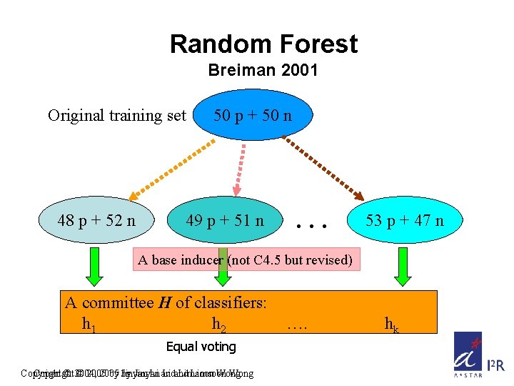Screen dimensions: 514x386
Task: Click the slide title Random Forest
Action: (263, 44)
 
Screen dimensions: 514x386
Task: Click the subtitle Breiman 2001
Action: (263, 71)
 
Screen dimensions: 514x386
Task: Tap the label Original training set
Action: (116, 115)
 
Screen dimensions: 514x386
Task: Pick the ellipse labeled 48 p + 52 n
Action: (96, 220)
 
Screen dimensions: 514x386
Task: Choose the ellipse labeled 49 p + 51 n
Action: (224, 221)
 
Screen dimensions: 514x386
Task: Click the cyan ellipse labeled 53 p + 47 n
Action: (404, 220)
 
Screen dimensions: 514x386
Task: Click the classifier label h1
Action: (89, 325)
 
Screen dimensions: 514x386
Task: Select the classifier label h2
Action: (219, 325)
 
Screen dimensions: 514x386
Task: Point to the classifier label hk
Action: (391, 325)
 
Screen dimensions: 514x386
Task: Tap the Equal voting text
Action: (201, 347)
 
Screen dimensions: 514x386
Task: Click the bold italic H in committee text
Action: (163, 303)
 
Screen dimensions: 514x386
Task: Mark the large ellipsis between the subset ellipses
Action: (312, 224)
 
